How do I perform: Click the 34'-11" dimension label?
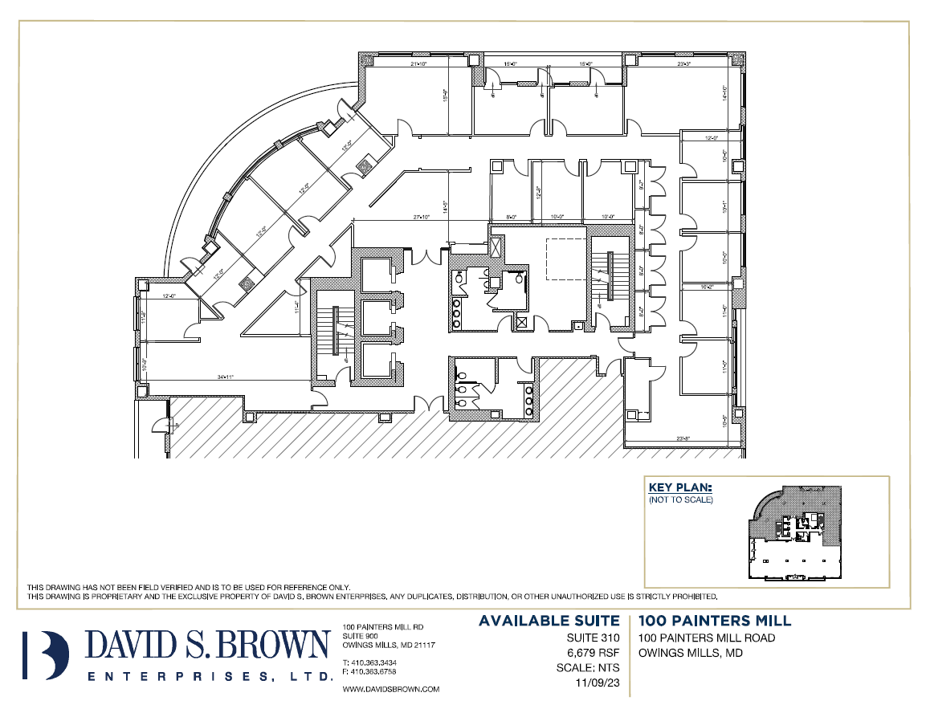click(x=224, y=376)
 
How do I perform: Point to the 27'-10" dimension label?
click(x=422, y=217)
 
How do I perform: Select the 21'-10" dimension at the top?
click(x=418, y=63)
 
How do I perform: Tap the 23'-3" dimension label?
click(x=684, y=63)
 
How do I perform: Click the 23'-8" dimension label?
click(x=684, y=438)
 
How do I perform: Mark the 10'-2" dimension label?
click(x=707, y=286)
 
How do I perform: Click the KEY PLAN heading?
click(x=679, y=487)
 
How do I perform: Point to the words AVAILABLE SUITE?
click(x=549, y=621)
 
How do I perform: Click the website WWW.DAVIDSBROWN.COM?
click(x=390, y=689)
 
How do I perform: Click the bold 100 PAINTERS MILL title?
click(x=715, y=621)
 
